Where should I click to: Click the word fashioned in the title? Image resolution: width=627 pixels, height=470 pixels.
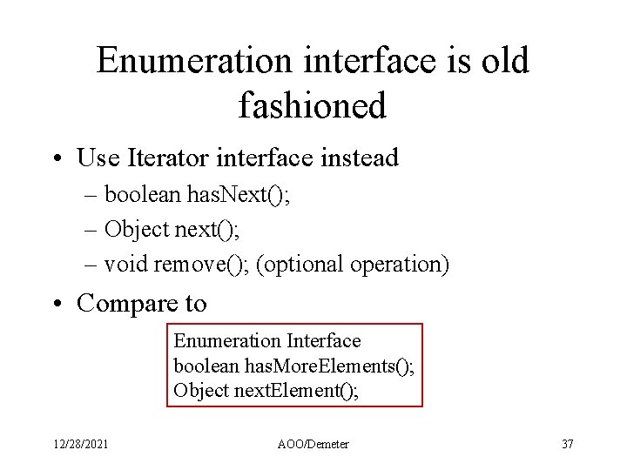click(312, 105)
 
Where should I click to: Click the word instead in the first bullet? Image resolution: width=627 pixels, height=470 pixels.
click(358, 158)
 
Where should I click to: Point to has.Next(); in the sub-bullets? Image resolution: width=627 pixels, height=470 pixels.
click(239, 195)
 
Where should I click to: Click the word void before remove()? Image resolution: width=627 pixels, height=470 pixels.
click(125, 263)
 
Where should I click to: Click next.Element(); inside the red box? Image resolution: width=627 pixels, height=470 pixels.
click(297, 390)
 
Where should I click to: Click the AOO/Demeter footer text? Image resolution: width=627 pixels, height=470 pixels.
click(313, 444)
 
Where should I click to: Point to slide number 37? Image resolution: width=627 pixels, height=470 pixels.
click(567, 444)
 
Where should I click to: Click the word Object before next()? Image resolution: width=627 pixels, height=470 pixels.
click(137, 229)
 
